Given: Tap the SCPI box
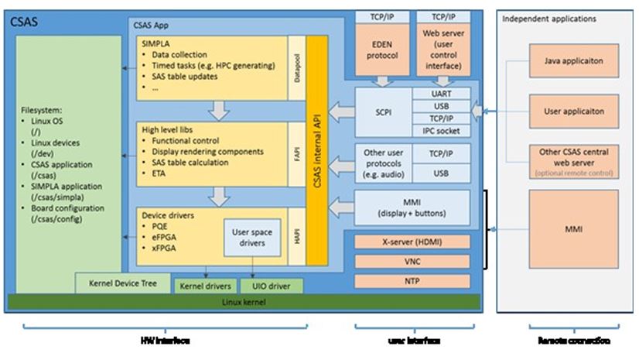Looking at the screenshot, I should pyautogui.click(x=381, y=111).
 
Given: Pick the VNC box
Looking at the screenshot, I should pyautogui.click(x=412, y=262).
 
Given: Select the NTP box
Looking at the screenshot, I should pyautogui.click(x=412, y=280).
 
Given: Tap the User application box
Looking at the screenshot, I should pyautogui.click(x=573, y=111).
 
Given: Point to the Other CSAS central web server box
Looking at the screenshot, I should pyautogui.click(x=573, y=159).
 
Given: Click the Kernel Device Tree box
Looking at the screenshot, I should pyautogui.click(x=122, y=283).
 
